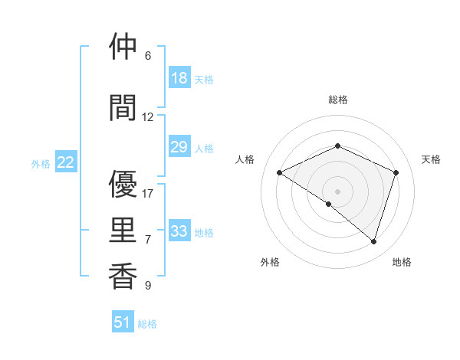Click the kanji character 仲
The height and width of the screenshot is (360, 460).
(x=123, y=47)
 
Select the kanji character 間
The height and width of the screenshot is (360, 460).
(x=123, y=108)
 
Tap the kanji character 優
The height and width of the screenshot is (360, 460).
(x=123, y=185)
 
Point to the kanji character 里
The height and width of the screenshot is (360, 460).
(x=123, y=231)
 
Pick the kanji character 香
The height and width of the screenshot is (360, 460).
(x=123, y=277)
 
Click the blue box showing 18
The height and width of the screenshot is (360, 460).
(x=179, y=78)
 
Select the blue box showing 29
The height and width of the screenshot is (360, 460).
(x=179, y=147)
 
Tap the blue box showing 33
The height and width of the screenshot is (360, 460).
(x=179, y=231)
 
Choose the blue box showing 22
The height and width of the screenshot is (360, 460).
(x=66, y=162)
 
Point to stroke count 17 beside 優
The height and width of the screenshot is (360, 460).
(x=148, y=193)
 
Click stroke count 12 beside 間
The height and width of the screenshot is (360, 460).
(x=148, y=116)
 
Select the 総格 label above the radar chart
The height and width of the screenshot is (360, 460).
(x=337, y=100)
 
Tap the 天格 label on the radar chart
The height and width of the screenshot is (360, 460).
(x=431, y=159)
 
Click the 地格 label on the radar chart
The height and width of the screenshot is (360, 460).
(x=402, y=262)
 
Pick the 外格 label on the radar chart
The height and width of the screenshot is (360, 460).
(x=270, y=262)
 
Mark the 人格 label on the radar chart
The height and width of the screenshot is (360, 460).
(x=245, y=159)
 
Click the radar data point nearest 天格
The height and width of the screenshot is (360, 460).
(x=396, y=172)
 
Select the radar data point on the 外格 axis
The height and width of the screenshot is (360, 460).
(x=329, y=204)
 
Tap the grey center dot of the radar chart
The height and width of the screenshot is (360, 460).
(x=337, y=191)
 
